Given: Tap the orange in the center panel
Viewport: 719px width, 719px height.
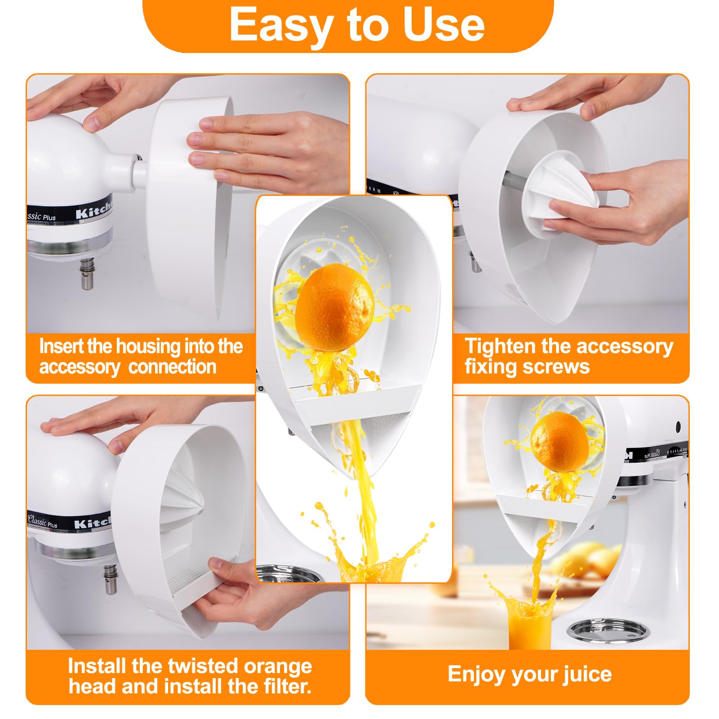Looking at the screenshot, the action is pos(335,307).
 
